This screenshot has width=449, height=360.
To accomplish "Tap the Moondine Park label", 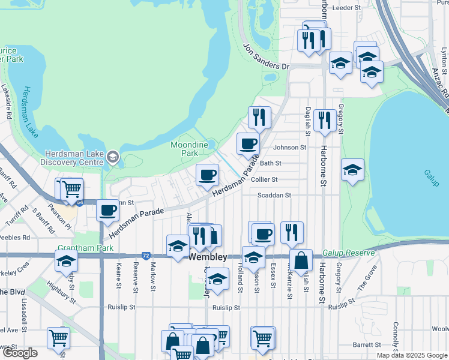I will pos(189,149).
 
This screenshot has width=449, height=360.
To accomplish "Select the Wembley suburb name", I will pos(208,257).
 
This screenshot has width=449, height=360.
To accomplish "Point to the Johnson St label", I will pos(289,148).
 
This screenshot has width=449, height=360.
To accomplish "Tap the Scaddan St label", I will pos(274,196).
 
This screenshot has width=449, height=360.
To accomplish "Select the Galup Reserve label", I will pos(349,253).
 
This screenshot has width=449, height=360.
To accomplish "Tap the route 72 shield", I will pos(146,255).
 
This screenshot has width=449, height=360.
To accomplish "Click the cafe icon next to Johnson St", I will pos(248,144).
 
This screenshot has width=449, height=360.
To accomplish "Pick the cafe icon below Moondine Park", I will pos(207,175).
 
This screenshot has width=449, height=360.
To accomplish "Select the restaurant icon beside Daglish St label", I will pos(325,120).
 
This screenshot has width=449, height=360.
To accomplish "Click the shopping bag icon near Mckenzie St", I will pos(301,261).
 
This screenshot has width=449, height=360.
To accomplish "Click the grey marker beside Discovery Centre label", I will pos(112,157).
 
